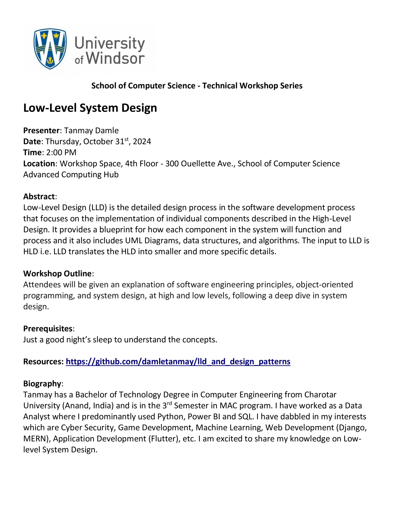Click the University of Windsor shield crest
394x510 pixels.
50,48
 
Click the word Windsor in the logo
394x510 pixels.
115,58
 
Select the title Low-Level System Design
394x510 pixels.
90,108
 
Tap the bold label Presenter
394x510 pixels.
41,131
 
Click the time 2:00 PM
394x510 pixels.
61,152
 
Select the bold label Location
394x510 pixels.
39,163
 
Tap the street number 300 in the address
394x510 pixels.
172,163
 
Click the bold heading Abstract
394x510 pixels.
39,196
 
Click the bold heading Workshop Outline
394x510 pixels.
57,273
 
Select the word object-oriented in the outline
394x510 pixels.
324,285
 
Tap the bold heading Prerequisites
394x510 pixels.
48,328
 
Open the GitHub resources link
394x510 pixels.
178,362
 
